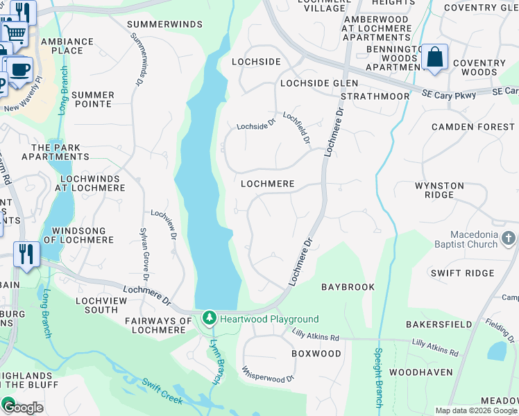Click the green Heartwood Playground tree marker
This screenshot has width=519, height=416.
(x=209, y=318)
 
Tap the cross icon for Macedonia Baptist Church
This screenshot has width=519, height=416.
(x=509, y=239)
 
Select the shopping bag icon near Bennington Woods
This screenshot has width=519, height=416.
(x=435, y=58)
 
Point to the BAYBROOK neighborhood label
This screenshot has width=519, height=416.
(x=348, y=286)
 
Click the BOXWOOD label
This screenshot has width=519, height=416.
(x=316, y=354)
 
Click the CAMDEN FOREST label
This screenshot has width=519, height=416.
(x=473, y=127)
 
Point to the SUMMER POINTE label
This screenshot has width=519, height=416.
(x=92, y=99)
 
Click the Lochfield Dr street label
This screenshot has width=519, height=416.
(x=296, y=128)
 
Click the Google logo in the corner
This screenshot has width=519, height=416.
(x=22, y=407)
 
